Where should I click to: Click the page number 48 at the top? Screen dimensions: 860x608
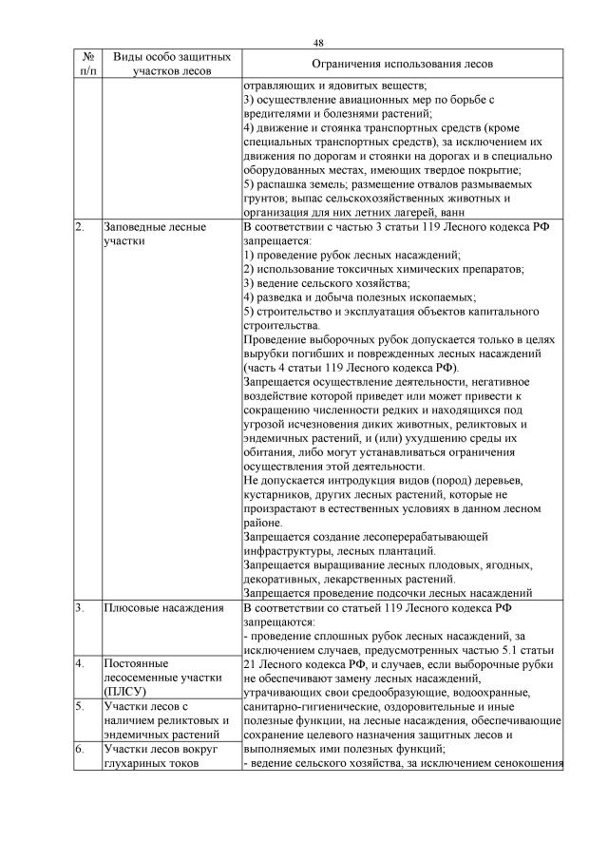point(318,43)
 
